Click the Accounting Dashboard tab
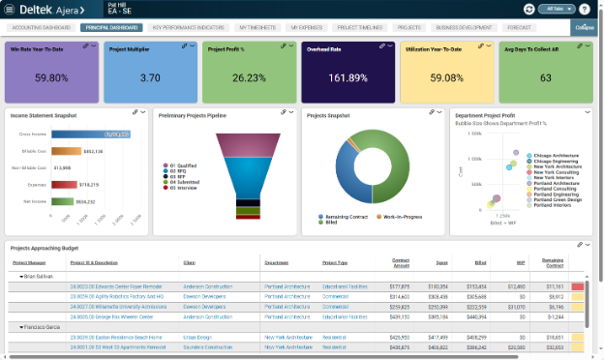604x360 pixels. point(42,28)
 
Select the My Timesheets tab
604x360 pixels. point(257,28)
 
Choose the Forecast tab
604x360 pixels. point(545,28)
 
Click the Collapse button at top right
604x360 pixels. point(584,28)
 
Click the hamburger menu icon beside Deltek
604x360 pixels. point(9,9)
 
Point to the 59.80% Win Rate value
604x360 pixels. point(51,77)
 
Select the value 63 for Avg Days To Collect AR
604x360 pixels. point(546,77)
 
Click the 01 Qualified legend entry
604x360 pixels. point(183,165)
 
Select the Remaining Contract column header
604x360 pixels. point(553,262)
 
